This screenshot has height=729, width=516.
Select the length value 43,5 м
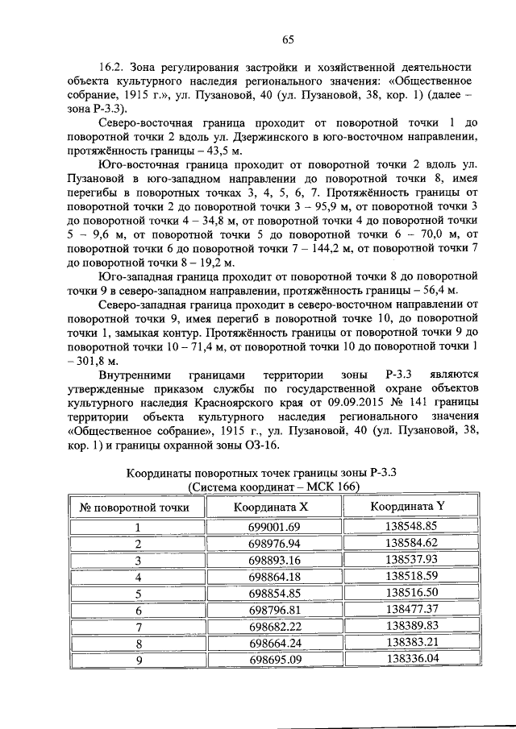click(x=212, y=151)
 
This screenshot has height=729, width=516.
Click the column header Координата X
click(x=271, y=507)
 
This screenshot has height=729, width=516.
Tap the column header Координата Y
click(x=407, y=507)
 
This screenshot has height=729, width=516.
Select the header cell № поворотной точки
click(x=135, y=507)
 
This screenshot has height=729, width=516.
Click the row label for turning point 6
click(x=138, y=610)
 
